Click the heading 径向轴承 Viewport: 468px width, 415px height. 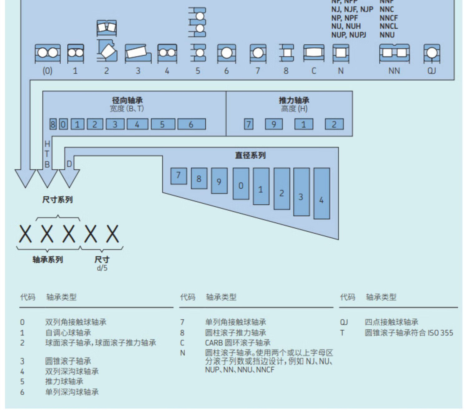(x=127, y=100)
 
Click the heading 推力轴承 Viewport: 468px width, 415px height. (x=294, y=100)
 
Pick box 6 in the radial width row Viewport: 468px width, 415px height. (x=191, y=124)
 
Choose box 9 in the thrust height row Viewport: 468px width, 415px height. (x=274, y=124)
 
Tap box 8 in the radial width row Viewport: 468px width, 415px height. (x=53, y=124)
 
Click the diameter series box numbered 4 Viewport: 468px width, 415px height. (x=321, y=194)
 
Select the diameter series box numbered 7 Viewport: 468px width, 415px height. (x=178, y=176)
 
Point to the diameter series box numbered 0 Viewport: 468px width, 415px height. (x=241, y=184)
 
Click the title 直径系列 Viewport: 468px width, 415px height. (x=250, y=155)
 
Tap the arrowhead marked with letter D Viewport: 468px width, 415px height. (x=69, y=176)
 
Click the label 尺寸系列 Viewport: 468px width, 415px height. (x=57, y=200)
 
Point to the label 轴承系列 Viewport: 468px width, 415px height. (x=48, y=259)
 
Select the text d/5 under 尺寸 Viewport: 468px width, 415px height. (x=102, y=268)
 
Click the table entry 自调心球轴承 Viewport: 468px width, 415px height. (x=68, y=333)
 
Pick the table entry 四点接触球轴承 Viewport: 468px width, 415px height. (x=391, y=322)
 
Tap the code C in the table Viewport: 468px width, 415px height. (x=182, y=343)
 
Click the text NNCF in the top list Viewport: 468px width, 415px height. (x=388, y=18)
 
